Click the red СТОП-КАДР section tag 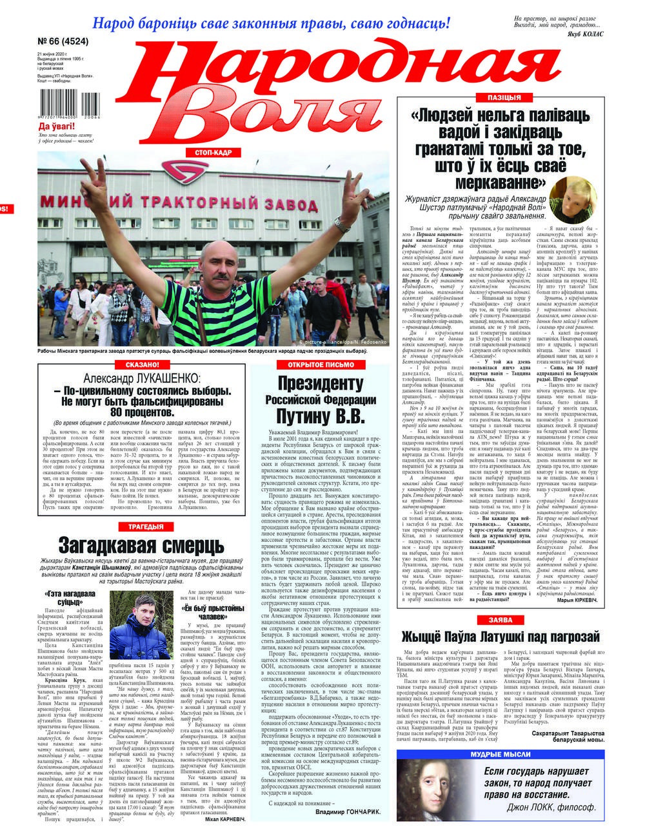[x=208, y=152]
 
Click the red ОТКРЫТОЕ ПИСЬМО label [x=316, y=364]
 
